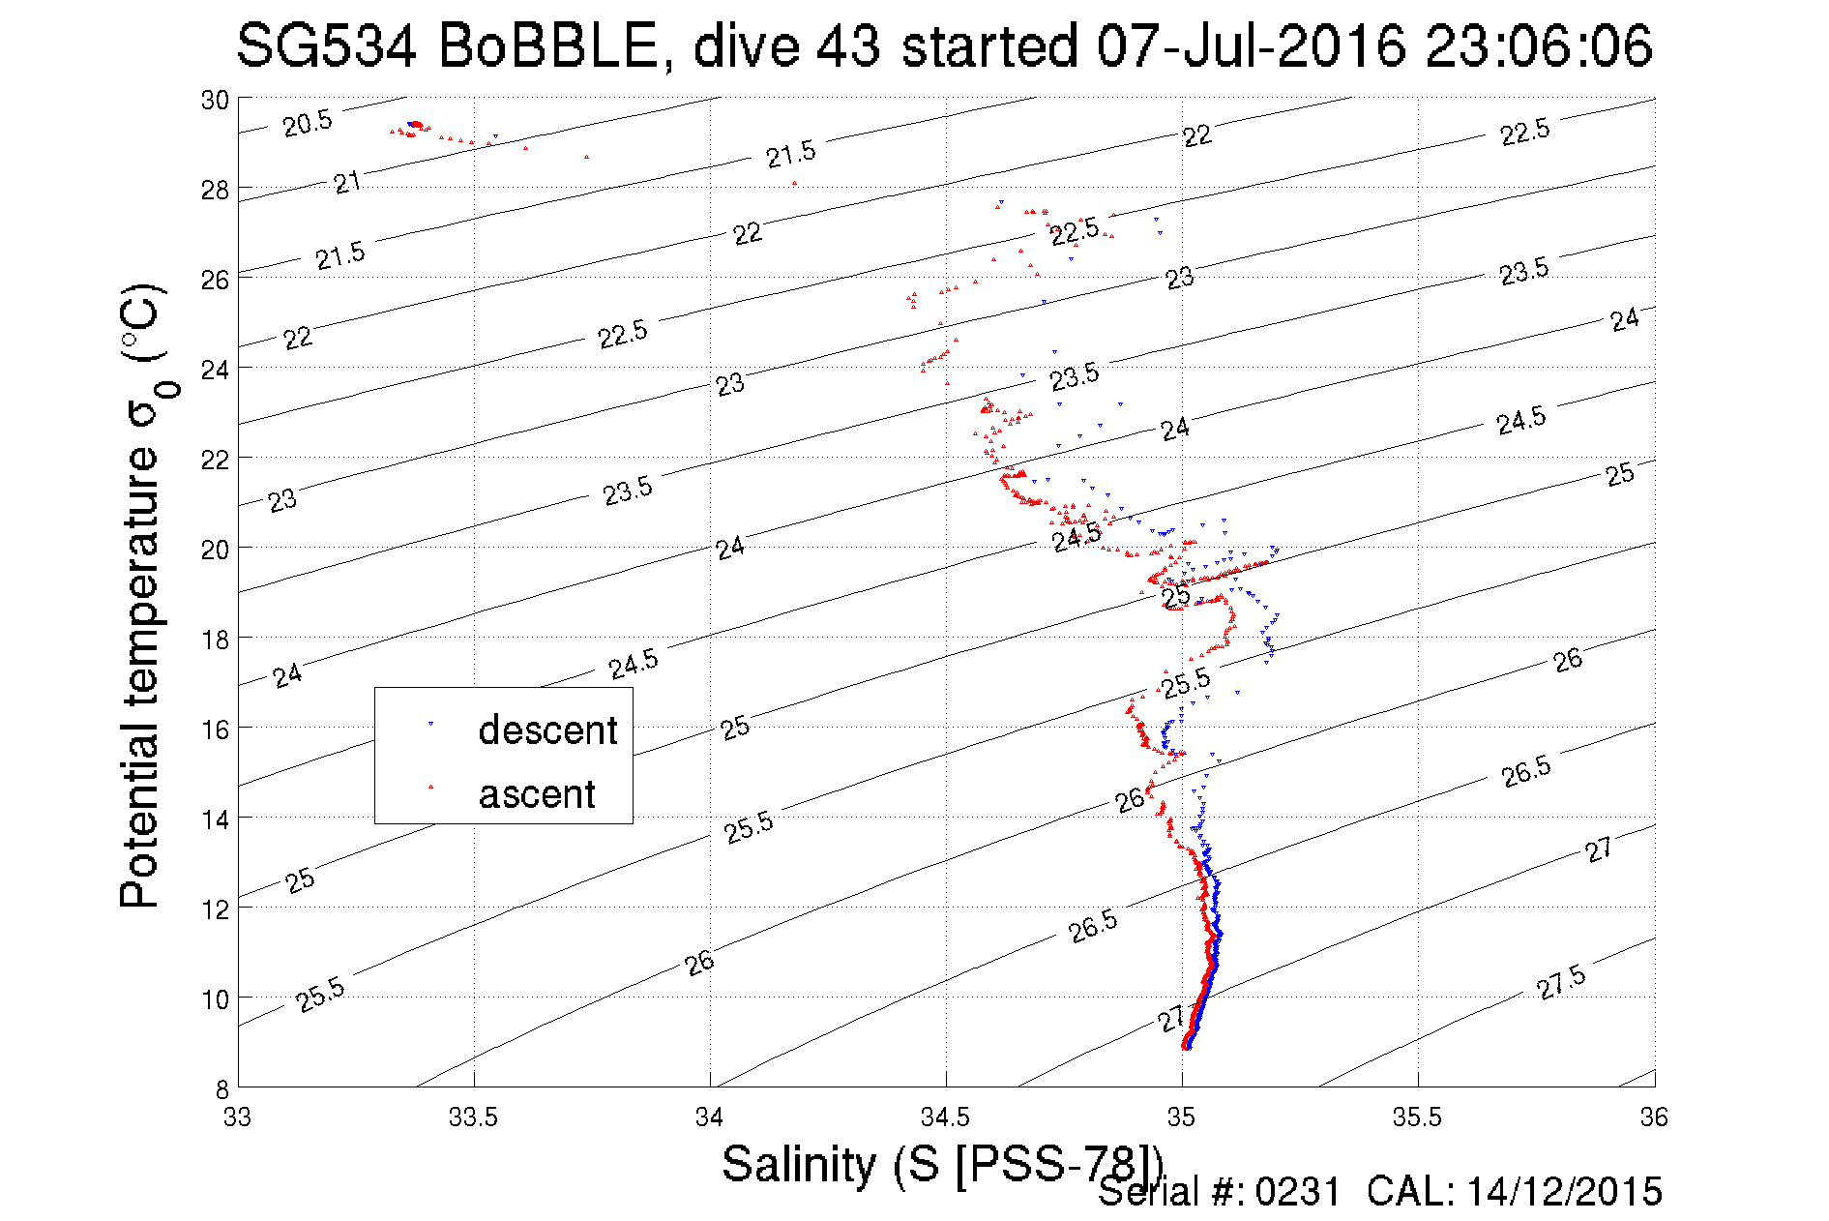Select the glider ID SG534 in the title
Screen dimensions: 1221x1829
[x=326, y=46]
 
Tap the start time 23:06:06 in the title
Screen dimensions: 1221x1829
[x=1539, y=46]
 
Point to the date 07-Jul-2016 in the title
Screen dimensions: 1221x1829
[x=1252, y=46]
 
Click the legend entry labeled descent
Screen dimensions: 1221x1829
[x=547, y=730]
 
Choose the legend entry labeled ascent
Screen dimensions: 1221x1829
[x=537, y=794]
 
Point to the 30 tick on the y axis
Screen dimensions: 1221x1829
[x=215, y=100]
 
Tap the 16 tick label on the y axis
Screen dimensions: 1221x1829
[x=215, y=729]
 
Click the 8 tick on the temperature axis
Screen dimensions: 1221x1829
[x=221, y=1088]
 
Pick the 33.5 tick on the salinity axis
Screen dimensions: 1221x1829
[x=473, y=1117]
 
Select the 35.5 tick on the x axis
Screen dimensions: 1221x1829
[x=1417, y=1117]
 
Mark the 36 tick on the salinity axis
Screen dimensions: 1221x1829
[x=1654, y=1117]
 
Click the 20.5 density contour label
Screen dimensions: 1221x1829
[x=308, y=123]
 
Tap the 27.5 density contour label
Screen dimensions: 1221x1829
[x=1561, y=982]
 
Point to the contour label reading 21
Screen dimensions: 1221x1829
[x=347, y=182]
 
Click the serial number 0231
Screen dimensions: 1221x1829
[x=1298, y=1192]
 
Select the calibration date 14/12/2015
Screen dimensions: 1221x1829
[x=1564, y=1192]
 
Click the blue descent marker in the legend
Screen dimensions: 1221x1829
[x=430, y=724]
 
